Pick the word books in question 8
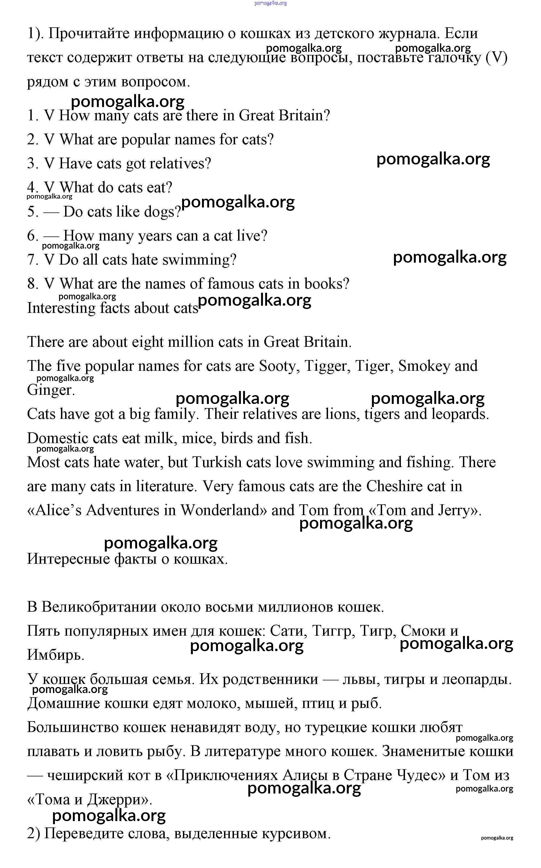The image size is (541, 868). pyautogui.click(x=326, y=284)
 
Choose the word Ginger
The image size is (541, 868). pyautogui.click(x=50, y=390)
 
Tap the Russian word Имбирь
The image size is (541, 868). pyautogui.click(x=55, y=655)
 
